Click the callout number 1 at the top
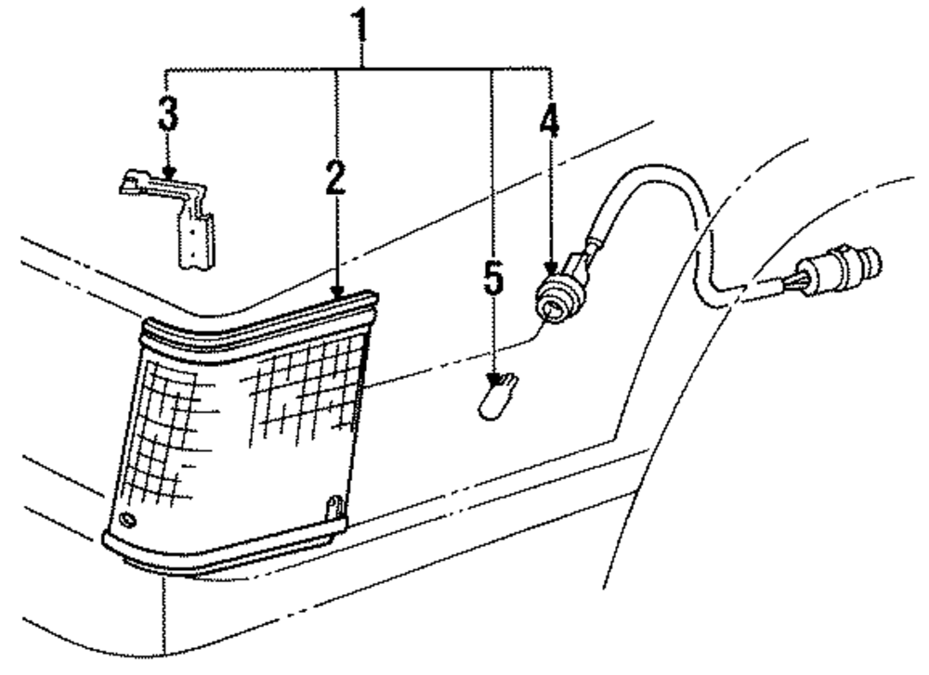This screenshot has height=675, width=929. [360, 28]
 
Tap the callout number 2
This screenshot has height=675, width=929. [335, 177]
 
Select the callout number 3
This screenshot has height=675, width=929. [167, 116]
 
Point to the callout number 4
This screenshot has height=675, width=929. [550, 120]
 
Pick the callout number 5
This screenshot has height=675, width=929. [492, 278]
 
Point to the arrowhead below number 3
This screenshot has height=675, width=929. [167, 172]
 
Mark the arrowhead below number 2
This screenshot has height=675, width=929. [336, 291]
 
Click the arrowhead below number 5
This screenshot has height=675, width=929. [493, 372]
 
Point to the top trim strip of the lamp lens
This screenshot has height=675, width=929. [260, 318]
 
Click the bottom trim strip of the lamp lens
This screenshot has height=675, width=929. [223, 552]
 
